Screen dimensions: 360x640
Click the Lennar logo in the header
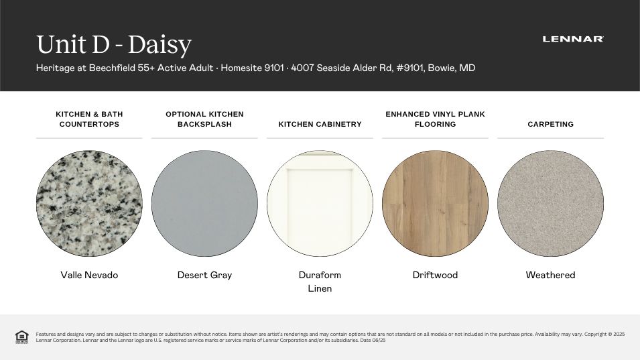[x=573, y=40]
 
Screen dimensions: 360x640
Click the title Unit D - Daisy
[x=114, y=44]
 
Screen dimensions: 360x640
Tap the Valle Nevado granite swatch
[x=89, y=203]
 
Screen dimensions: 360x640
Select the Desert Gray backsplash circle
[x=204, y=203]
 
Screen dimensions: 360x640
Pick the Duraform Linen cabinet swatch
[x=320, y=203]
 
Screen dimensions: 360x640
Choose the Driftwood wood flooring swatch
[x=435, y=203]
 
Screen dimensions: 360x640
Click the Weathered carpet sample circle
[x=550, y=203]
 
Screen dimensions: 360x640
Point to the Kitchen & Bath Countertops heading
[x=89, y=119]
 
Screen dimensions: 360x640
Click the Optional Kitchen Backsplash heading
[x=204, y=119]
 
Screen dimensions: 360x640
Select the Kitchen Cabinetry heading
[x=320, y=124]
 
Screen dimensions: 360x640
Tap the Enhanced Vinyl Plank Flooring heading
[x=435, y=119]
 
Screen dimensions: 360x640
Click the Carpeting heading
[x=550, y=124]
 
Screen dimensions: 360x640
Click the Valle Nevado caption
[x=89, y=275]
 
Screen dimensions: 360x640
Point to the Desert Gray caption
[x=204, y=275]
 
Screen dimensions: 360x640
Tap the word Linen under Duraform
[x=320, y=288]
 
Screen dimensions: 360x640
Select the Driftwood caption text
[x=435, y=275]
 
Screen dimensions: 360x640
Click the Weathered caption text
[x=550, y=275]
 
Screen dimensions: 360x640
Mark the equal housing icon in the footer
[x=21, y=337]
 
